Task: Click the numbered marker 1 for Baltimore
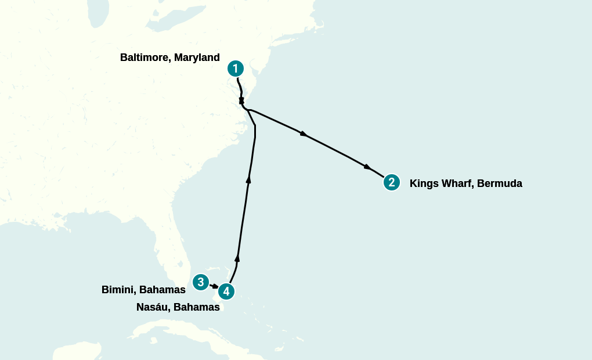pos(235,69)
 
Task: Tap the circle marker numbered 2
pos(392,182)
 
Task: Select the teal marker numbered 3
pos(200,282)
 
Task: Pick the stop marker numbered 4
pos(226,291)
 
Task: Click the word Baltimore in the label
pos(145,57)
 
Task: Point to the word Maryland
pos(197,57)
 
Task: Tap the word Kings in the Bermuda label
pos(423,183)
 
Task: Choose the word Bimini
pos(118,289)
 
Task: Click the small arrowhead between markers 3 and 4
pos(215,286)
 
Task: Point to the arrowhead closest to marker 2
pos(367,167)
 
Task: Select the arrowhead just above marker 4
pos(237,257)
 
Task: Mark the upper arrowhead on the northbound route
pos(249,179)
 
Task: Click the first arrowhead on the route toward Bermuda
pos(303,134)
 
